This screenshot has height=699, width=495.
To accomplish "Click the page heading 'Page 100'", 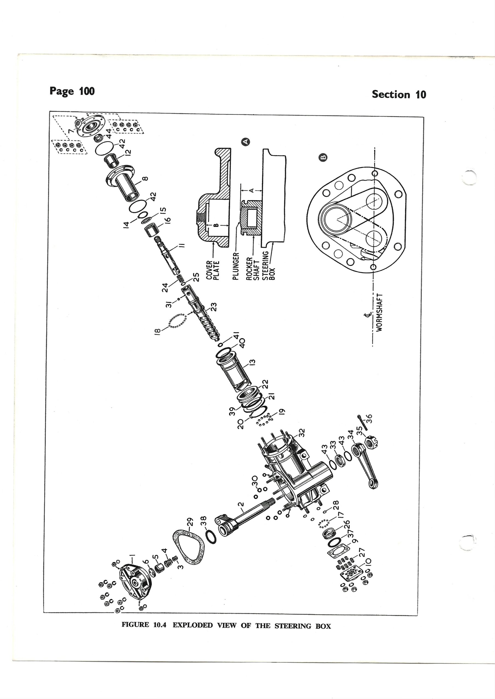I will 72,91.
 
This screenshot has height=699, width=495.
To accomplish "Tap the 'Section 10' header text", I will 399,94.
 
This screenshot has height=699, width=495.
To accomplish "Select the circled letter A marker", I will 245,141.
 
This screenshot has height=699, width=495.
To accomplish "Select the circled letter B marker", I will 323,157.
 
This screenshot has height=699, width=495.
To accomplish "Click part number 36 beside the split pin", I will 369,417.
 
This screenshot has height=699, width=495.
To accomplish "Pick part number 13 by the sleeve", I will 253,362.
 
